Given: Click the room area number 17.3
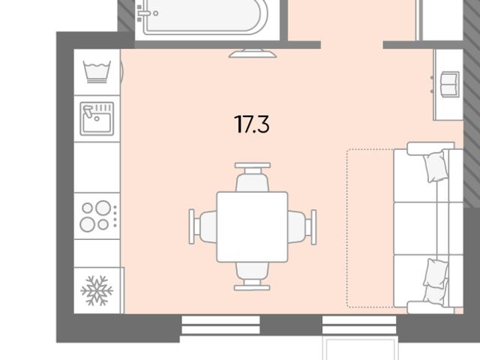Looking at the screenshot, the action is [x=252, y=124].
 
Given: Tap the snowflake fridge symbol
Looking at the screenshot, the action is [x=97, y=290].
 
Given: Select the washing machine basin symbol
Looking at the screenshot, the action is [x=97, y=72].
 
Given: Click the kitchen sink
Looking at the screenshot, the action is [x=97, y=118].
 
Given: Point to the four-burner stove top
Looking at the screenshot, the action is [x=98, y=216].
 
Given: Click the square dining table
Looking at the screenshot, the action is [x=252, y=226].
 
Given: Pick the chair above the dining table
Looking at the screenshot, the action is [x=253, y=177].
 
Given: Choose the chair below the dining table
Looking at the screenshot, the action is [x=252, y=276].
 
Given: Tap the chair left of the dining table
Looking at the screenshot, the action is [x=202, y=226].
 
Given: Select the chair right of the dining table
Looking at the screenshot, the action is [x=301, y=226].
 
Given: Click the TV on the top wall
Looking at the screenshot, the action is [x=253, y=53].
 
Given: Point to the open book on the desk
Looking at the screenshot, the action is [x=450, y=85].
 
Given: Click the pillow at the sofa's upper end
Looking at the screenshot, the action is [x=434, y=166].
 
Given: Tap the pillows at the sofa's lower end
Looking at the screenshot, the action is [x=435, y=280].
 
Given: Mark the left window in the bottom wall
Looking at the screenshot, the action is [x=220, y=325].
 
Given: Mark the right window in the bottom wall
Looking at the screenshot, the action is [x=359, y=325].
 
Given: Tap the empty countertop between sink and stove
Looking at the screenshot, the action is [x=97, y=167].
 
